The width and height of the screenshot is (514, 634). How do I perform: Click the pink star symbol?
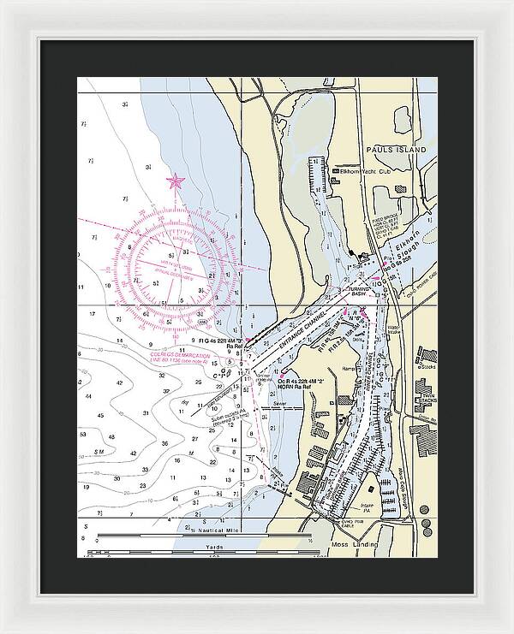[176, 181]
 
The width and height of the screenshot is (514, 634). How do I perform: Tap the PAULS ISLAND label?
[395, 150]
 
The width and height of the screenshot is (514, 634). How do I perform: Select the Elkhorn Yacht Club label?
[366, 171]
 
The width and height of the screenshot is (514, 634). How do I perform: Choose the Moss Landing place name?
[356, 544]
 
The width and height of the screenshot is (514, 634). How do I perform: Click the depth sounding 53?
[84, 435]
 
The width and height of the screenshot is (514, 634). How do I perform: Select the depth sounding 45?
[100, 416]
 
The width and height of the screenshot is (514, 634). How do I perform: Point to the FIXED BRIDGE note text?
[362, 229]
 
